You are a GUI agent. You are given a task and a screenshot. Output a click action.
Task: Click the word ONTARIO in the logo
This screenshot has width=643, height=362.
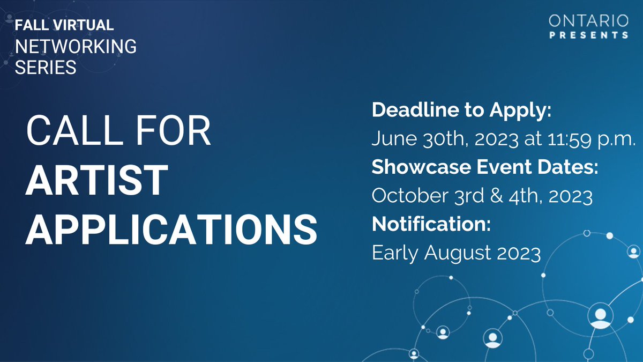click(x=588, y=21)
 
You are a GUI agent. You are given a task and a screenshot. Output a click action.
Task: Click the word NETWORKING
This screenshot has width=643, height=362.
click(x=76, y=47)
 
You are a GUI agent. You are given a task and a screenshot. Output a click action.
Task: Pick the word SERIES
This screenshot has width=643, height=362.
click(x=46, y=68)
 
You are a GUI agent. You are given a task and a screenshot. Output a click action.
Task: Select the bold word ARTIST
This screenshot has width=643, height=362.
click(x=97, y=180)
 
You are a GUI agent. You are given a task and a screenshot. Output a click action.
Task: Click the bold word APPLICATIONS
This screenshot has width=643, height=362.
click(x=171, y=227)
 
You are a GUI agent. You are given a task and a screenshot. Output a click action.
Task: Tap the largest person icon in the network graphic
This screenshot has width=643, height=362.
click(x=600, y=316)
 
